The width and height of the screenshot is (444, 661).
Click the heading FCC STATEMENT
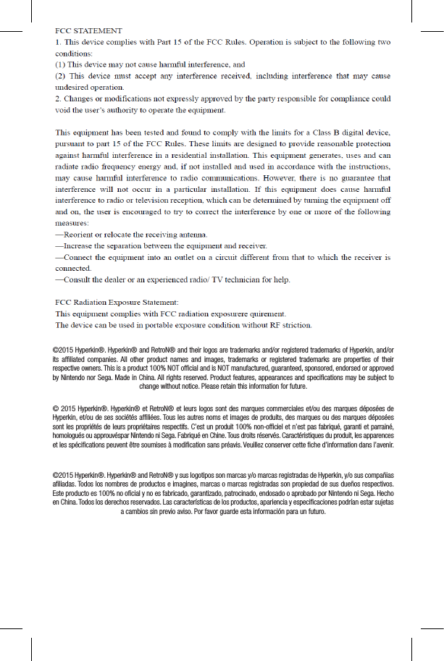pos(89,31)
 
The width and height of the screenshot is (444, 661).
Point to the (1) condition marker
pos(62,64)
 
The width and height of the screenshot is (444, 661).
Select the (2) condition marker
pos(62,75)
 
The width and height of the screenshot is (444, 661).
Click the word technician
pos(240,279)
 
